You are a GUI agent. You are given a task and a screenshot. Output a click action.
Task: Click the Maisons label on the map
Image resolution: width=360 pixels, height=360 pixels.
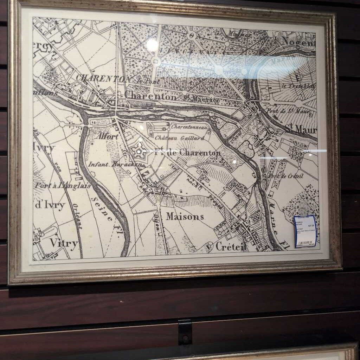pos(185,217)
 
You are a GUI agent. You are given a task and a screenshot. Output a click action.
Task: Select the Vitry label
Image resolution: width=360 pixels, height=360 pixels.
pos(63,243)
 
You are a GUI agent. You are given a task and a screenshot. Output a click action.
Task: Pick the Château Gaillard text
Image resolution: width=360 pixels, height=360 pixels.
pos(179,138)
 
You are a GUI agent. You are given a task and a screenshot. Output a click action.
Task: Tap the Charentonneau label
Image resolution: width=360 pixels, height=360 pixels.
pos(190,126)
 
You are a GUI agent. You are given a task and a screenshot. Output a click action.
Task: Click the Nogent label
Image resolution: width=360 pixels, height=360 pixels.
pos(298,43)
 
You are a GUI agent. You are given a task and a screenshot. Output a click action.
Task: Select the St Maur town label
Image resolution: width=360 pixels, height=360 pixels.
pos(301,130)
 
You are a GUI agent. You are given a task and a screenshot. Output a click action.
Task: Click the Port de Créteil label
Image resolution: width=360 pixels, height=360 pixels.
pos(285,176)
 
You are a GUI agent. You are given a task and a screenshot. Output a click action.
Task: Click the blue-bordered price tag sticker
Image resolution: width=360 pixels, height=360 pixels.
pos(305,231)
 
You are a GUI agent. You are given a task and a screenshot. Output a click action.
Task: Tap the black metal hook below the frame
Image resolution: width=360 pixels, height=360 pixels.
pos(185,332)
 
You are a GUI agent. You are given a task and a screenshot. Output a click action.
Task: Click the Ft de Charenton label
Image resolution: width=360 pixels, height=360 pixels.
pos(187,153)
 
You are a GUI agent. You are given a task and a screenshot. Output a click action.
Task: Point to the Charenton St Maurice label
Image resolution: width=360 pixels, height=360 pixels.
pos(172,97)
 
